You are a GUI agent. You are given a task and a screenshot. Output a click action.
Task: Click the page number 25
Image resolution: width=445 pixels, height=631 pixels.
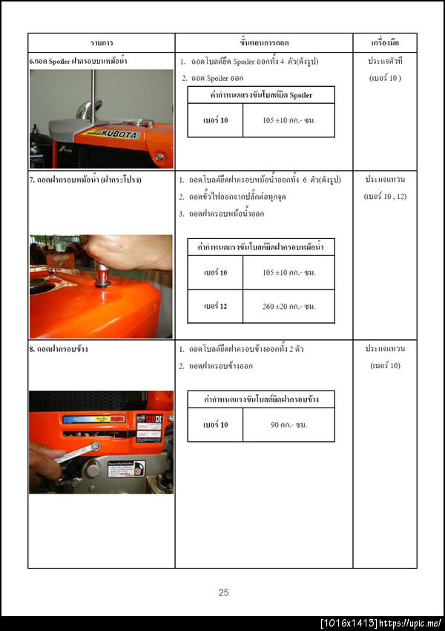[223, 592]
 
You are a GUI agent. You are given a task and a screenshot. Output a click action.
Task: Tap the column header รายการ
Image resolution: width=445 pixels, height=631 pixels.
[102, 43]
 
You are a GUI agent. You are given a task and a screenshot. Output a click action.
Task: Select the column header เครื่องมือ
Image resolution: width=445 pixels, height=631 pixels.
[384, 43]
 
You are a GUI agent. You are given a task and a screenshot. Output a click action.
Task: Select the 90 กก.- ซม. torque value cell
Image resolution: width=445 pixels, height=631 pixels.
[289, 425]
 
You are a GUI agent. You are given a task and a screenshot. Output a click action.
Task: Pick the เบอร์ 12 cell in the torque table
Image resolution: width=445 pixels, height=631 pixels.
[215, 307]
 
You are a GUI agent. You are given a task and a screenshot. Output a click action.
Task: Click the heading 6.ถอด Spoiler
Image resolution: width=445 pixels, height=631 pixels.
[78, 61]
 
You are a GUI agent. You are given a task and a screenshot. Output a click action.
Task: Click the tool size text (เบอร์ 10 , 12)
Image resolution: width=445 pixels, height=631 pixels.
[384, 197]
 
